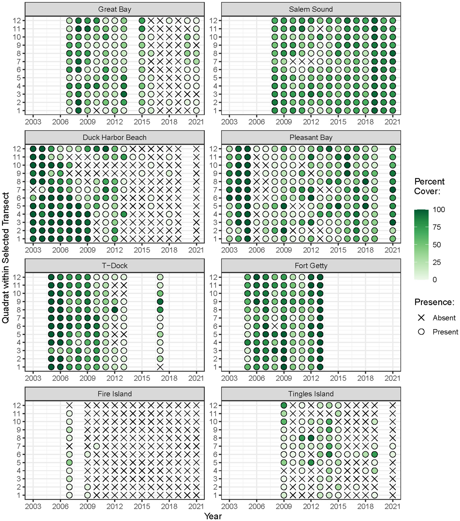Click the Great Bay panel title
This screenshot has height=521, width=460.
pyautogui.click(x=115, y=10)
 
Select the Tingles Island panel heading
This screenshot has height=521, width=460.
pyautogui.click(x=311, y=394)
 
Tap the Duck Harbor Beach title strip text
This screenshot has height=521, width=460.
pyautogui.click(x=115, y=138)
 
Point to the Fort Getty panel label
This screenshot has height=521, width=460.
pyautogui.click(x=311, y=266)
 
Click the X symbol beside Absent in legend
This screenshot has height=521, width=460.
pyautogui.click(x=421, y=318)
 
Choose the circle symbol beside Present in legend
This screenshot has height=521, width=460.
pyautogui.click(x=421, y=332)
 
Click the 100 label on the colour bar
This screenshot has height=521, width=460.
pyautogui.click(x=439, y=210)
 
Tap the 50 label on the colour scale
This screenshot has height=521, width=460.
pyautogui.click(x=437, y=245)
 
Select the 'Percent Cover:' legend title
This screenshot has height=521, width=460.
pyautogui.click(x=429, y=186)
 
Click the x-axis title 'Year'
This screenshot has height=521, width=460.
pyautogui.click(x=213, y=516)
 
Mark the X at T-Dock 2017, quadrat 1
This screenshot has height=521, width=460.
pyautogui.click(x=160, y=367)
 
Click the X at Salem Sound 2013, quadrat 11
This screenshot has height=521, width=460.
pyautogui.click(x=320, y=29)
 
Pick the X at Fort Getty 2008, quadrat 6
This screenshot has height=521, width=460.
pyautogui.click(x=275, y=326)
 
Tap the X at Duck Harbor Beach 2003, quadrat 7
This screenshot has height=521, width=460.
pyautogui.click(x=33, y=190)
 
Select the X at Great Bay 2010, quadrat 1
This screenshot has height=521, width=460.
pyautogui.click(x=97, y=111)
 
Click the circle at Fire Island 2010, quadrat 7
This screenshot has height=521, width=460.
pyautogui.click(x=97, y=446)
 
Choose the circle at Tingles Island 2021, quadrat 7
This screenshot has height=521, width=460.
pyautogui.click(x=392, y=446)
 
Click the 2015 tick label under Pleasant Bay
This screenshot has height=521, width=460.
pyautogui.click(x=338, y=250)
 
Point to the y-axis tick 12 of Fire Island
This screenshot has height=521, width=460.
pyautogui.click(x=17, y=405)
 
